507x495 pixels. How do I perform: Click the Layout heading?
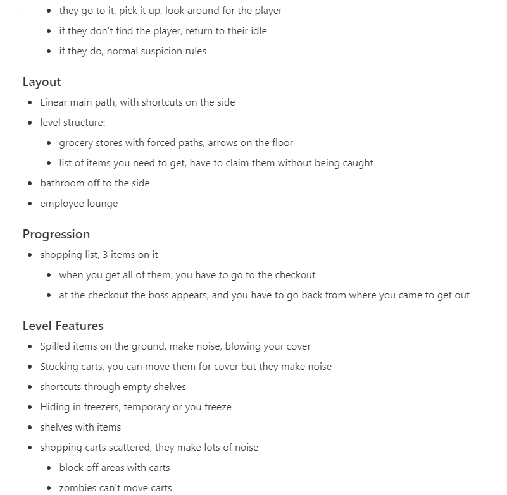[42, 82]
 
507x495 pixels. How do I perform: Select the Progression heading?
[56, 234]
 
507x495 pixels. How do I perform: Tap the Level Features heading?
[63, 326]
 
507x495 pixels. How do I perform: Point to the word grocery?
[76, 142]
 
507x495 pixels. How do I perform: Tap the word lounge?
[101, 203]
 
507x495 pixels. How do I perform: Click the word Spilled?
[55, 346]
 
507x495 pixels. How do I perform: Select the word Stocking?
[59, 366]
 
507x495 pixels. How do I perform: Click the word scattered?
[128, 447]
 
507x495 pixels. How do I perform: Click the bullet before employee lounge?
[30, 204]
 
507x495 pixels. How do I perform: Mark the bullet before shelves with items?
[30, 427]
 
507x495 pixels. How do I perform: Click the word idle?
[258, 30]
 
